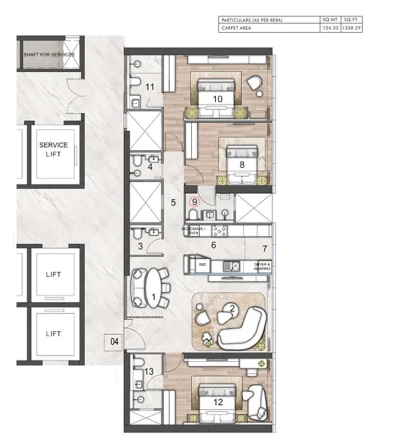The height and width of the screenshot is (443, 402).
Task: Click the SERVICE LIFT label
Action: (x=53, y=149)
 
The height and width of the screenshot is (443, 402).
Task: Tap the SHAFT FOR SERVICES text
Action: (x=49, y=55)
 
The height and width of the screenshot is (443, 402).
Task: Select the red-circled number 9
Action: (x=195, y=200)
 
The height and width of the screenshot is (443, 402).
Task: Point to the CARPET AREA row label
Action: (x=236, y=28)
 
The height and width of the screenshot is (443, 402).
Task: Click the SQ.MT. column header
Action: (x=329, y=21)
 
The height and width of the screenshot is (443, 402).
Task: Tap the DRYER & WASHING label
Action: (x=262, y=267)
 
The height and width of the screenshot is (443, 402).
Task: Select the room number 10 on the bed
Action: (x=217, y=99)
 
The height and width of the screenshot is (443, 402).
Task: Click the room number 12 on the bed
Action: (x=218, y=402)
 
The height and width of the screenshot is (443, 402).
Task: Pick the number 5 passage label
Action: (x=173, y=202)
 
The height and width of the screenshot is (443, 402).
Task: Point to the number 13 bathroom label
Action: (x=149, y=372)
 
